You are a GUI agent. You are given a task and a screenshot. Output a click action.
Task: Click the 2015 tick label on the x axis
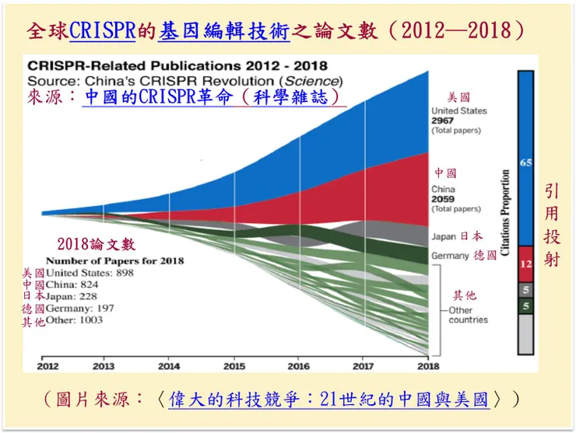tap(234, 366)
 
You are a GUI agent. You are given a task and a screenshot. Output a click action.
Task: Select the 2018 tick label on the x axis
tap(427, 366)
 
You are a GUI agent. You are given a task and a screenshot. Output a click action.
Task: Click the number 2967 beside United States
tap(444, 120)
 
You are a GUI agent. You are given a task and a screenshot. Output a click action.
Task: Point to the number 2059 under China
tap(444, 199)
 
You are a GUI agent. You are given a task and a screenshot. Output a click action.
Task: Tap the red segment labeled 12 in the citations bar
tap(525, 264)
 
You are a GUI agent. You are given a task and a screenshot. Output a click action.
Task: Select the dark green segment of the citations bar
tap(525, 306)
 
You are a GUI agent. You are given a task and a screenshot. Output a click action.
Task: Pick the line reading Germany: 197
tap(80, 309)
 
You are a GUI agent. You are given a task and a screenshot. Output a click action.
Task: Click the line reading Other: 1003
tap(75, 320)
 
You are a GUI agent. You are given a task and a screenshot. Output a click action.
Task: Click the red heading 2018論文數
tap(95, 244)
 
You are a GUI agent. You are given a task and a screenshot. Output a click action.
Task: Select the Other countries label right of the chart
tap(468, 315)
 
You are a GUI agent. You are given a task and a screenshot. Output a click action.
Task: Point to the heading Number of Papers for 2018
tap(114, 261)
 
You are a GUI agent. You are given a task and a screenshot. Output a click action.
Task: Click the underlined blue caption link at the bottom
tap(328, 400)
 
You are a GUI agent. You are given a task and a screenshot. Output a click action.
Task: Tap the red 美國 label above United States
tap(458, 97)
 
